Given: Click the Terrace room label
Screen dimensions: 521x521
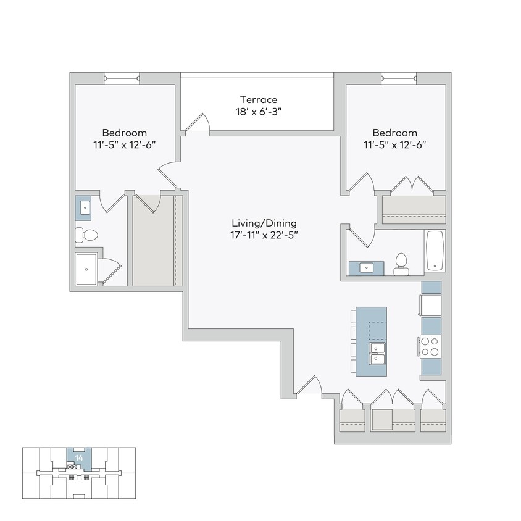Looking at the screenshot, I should coord(259,99).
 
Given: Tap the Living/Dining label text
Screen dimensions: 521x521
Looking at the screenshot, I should coord(264,223).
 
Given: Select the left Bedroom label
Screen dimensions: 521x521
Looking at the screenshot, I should coord(125,133).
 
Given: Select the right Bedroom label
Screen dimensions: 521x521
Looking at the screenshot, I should coord(395,133).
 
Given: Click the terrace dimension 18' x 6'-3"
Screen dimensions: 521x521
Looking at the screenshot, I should coord(259,112).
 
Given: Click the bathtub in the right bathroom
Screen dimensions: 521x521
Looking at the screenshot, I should coord(435,251).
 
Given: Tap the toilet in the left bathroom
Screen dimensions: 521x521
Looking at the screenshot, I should coord(87,235).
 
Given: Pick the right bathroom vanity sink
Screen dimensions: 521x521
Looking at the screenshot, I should coord(366,268).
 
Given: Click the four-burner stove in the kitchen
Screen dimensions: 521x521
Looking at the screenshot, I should coord(430,346).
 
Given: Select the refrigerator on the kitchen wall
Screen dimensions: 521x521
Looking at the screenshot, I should coord(431,306).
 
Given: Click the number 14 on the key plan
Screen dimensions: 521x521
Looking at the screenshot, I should coord(78,457).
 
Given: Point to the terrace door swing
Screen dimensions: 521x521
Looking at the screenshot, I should coord(198,123).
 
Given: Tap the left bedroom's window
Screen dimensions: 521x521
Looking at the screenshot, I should coord(122,78).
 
